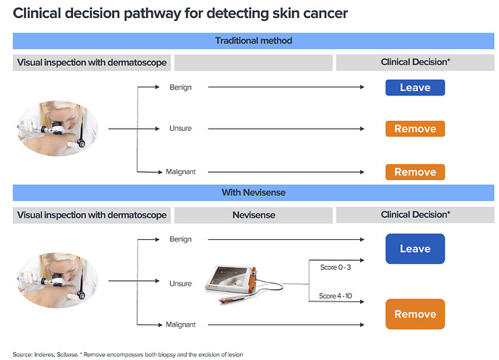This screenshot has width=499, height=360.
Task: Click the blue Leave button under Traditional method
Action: pyautogui.click(x=414, y=87)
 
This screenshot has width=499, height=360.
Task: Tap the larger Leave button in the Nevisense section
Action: pyautogui.click(x=414, y=249)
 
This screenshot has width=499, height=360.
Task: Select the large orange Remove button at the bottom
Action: pyautogui.click(x=414, y=314)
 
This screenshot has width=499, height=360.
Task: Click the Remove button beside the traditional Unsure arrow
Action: pyautogui.click(x=414, y=129)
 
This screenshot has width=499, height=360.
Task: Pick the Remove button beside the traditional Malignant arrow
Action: pyautogui.click(x=414, y=172)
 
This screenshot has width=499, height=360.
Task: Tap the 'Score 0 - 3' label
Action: pyautogui.click(x=334, y=267)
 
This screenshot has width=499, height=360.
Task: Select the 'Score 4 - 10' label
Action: pyautogui.click(x=335, y=296)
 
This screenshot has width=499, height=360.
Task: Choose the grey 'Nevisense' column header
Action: pyautogui.click(x=254, y=215)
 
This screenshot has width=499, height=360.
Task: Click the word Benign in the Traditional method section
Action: pyautogui.click(x=180, y=87)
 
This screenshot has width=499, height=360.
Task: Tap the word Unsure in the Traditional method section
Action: pyautogui.click(x=180, y=129)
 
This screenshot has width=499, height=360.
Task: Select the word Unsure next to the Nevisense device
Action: pyautogui.click(x=180, y=283)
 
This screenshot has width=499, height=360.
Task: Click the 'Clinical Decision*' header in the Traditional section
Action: pyautogui.click(x=415, y=63)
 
